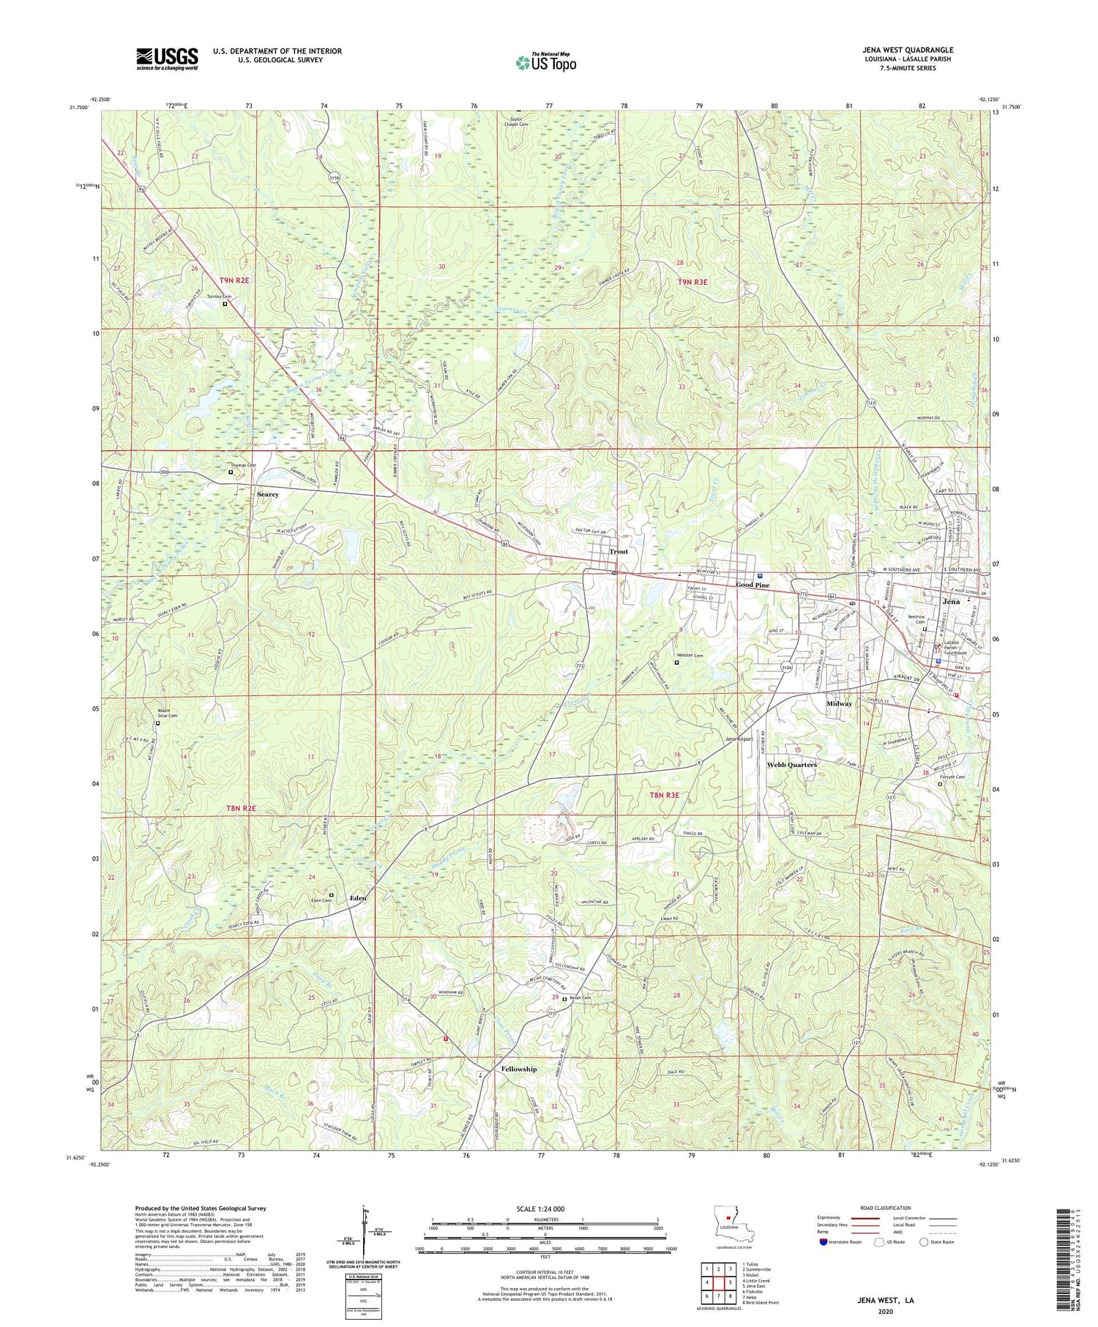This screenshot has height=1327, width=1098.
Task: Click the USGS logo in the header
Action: pos(167,59)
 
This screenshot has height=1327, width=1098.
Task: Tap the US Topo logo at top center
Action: pos(545,62)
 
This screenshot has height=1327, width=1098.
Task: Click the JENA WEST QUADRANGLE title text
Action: pos(908,51)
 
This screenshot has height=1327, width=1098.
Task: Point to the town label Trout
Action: pos(619,552)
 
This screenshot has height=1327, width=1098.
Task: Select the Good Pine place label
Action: pos(752,586)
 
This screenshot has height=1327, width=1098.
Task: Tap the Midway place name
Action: pos(839,703)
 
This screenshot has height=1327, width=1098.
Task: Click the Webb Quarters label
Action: pos(791,764)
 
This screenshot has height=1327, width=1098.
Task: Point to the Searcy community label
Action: pos(268,495)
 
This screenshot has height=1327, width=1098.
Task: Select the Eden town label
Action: pos(358,897)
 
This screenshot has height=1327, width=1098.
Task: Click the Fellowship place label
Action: pos(519,1069)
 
